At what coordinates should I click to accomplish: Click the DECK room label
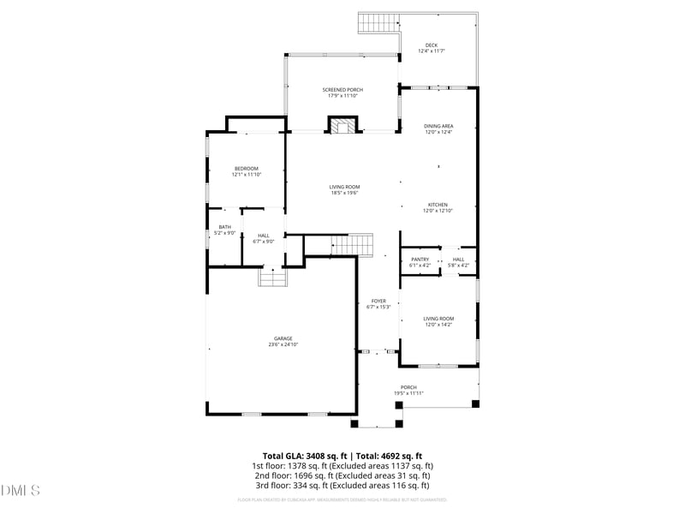(x=431, y=45)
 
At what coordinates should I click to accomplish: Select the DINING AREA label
(x=438, y=126)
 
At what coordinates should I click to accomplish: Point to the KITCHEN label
(x=438, y=205)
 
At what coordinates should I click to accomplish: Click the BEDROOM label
(x=247, y=168)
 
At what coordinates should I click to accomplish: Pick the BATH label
(x=224, y=227)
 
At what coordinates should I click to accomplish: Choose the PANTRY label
(x=420, y=259)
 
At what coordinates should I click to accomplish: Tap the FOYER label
(x=378, y=301)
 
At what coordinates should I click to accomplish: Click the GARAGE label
(x=283, y=338)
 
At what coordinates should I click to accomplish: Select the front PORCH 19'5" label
(x=409, y=387)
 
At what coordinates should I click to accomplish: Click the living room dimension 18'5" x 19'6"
(x=345, y=193)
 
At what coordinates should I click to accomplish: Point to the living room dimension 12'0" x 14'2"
(x=438, y=325)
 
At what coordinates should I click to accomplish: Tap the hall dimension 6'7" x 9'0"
(x=264, y=242)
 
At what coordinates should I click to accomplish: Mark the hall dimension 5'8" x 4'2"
(x=459, y=265)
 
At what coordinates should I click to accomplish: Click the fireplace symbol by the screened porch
(x=342, y=126)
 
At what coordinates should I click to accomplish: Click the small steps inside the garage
(x=271, y=278)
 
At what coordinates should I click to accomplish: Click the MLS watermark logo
(x=21, y=490)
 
